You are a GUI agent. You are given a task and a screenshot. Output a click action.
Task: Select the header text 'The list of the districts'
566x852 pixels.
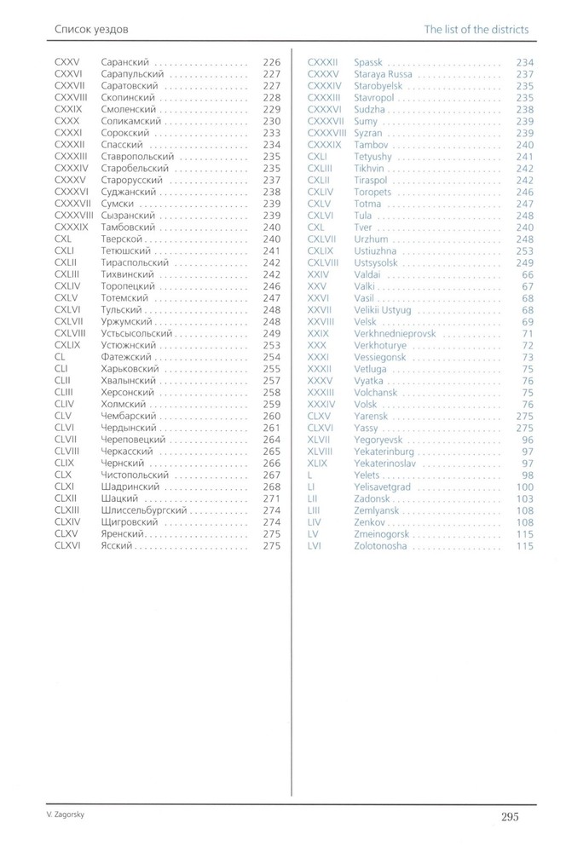click(476, 30)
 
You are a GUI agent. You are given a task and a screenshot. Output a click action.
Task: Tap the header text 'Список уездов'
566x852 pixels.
click(91, 30)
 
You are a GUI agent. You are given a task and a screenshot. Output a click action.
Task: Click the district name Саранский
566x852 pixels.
click(125, 62)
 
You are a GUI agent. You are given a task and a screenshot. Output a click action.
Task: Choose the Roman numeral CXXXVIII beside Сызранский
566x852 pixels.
click(72, 216)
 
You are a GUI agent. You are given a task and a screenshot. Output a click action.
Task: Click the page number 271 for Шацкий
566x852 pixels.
click(272, 498)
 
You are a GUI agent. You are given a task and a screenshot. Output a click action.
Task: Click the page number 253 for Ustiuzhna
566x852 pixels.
click(524, 251)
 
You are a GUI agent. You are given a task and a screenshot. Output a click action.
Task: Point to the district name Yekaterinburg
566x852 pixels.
click(383, 452)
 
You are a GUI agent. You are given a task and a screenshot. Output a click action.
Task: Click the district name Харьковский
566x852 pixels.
click(130, 369)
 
